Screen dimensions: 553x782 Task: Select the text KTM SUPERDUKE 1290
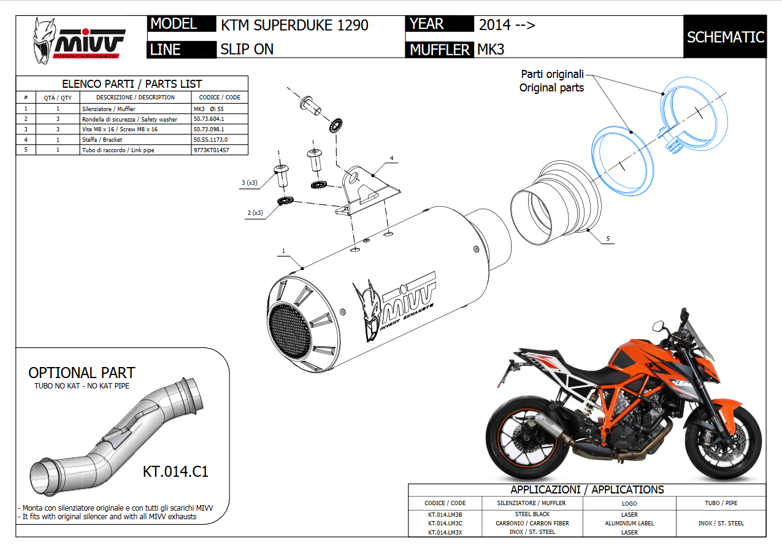point(294,25)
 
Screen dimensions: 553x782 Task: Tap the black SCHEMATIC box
point(725,37)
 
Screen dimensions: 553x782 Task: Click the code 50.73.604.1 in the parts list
point(209,119)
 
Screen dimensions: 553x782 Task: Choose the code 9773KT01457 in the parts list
point(211,150)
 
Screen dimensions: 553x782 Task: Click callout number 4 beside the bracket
point(392,158)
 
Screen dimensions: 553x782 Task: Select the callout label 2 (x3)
point(255,213)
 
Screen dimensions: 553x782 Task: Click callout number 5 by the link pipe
point(608,239)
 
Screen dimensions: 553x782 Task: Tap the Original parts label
point(551,88)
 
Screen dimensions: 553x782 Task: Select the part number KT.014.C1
point(175,471)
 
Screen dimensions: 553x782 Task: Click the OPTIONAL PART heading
point(82,373)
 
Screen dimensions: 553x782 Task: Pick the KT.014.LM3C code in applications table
point(445,524)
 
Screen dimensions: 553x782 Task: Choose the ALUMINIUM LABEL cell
point(629,524)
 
